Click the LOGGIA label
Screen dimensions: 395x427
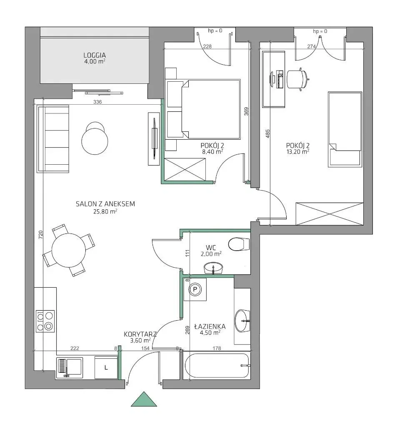[95, 55]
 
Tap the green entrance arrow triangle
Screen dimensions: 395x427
[144, 399]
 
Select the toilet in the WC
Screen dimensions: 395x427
[239, 244]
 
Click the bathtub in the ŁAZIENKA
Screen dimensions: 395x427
[217, 365]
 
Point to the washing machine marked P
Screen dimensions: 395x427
[195, 289]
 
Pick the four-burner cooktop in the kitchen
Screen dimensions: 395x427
[45, 322]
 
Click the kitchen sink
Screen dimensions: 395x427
[70, 368]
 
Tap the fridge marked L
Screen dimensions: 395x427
[106, 367]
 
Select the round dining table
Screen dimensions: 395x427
[69, 251]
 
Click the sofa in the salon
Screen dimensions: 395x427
[53, 139]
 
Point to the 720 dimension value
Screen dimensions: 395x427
[40, 234]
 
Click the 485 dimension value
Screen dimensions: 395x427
[267, 133]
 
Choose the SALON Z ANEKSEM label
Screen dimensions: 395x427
[105, 204]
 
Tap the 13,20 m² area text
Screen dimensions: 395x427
[298, 152]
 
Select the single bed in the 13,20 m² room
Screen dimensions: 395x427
[345, 130]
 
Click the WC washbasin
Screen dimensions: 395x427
[213, 268]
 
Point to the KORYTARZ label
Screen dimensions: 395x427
[140, 334]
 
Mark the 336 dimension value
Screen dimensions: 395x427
[97, 102]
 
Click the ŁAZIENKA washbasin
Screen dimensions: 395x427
[242, 321]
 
